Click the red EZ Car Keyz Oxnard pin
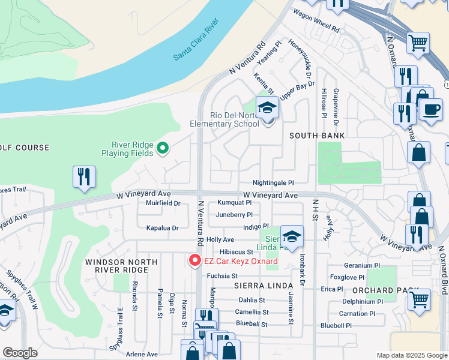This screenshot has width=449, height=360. tap(194, 260)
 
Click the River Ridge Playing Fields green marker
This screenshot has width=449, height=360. tap(161, 148)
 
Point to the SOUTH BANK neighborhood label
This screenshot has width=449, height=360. tap(317, 136)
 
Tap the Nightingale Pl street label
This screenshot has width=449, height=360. tap(273, 182)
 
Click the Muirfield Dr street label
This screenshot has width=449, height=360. tap(163, 203)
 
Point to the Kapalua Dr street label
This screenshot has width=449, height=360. tap(163, 228)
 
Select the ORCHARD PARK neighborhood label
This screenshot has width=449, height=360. tap(385, 290)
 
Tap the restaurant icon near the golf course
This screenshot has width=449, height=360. tap(83, 177)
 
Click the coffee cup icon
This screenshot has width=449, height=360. tap(430, 109)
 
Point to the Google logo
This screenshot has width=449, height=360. tap(20, 353)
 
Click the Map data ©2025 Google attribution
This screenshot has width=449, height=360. tap(411, 355)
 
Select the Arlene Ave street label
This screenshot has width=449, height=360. tap(141, 354)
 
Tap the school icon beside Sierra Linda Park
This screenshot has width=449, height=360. tap(292, 237)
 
